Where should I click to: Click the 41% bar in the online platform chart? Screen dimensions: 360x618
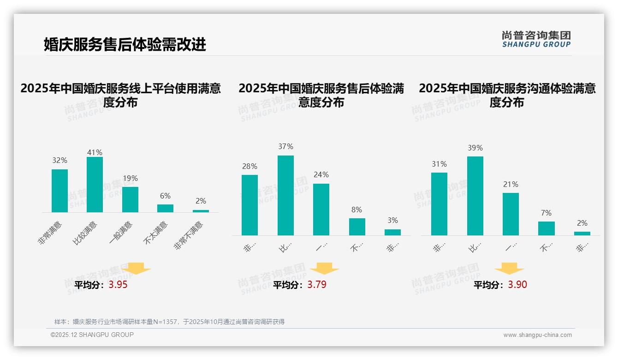pyautogui.click(x=95, y=185)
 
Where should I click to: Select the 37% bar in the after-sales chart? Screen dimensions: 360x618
pyautogui.click(x=285, y=195)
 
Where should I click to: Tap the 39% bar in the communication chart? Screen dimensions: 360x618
pyautogui.click(x=475, y=196)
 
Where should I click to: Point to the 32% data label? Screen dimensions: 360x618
pyautogui.click(x=59, y=161)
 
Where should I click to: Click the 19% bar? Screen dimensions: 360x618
pyautogui.click(x=130, y=199)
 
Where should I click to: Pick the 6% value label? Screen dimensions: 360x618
pyautogui.click(x=165, y=196)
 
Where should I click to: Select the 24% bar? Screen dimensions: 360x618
pyautogui.click(x=321, y=210)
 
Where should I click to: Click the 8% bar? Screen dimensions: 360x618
pyautogui.click(x=357, y=227)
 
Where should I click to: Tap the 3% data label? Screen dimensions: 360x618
pyautogui.click(x=392, y=221)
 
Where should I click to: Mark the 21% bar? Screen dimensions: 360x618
pyautogui.click(x=511, y=214)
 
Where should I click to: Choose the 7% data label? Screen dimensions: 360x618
pyautogui.click(x=546, y=213)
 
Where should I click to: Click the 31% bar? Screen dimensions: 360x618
pyautogui.click(x=439, y=204)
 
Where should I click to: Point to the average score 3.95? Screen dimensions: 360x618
pyautogui.click(x=118, y=285)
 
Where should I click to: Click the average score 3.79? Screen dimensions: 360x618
pyautogui.click(x=317, y=285)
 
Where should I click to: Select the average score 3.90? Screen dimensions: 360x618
pyautogui.click(x=517, y=285)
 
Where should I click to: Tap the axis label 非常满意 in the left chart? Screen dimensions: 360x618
pyautogui.click(x=51, y=233)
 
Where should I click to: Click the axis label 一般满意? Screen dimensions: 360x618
pyautogui.click(x=121, y=233)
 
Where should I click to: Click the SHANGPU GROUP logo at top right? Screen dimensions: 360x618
pyautogui.click(x=536, y=39)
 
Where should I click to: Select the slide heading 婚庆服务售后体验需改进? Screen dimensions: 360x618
pyautogui.click(x=125, y=45)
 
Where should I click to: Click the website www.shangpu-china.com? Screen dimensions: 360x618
pyautogui.click(x=537, y=335)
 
